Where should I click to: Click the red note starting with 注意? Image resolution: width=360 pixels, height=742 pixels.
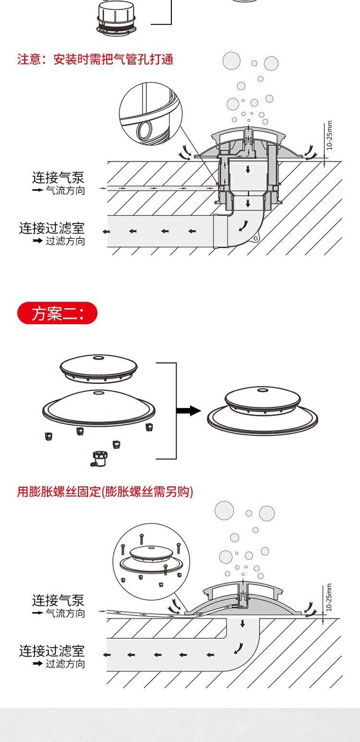(x=95, y=60)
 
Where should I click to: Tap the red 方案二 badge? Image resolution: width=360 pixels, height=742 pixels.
(x=57, y=314)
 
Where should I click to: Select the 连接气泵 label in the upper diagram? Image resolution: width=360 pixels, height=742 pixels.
(x=58, y=178)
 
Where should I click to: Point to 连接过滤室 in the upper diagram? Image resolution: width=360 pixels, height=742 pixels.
(x=52, y=228)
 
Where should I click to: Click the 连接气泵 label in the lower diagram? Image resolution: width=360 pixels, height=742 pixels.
(x=58, y=600)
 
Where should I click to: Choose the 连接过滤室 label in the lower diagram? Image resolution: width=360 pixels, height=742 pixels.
(x=52, y=651)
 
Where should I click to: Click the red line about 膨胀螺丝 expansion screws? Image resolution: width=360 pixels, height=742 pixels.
(x=105, y=491)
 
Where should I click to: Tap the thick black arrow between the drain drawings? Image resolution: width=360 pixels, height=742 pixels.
(x=188, y=410)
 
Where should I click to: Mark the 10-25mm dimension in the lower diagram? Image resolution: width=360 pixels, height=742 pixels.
(x=329, y=597)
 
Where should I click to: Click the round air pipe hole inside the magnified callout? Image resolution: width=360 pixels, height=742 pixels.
(x=144, y=130)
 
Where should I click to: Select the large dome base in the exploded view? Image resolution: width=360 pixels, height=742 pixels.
(x=99, y=406)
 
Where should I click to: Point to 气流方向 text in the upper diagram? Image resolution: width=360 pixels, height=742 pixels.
(x=65, y=191)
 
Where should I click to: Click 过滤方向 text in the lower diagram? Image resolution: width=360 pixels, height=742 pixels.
(x=65, y=664)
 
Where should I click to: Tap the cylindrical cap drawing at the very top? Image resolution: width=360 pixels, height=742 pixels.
(x=115, y=17)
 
